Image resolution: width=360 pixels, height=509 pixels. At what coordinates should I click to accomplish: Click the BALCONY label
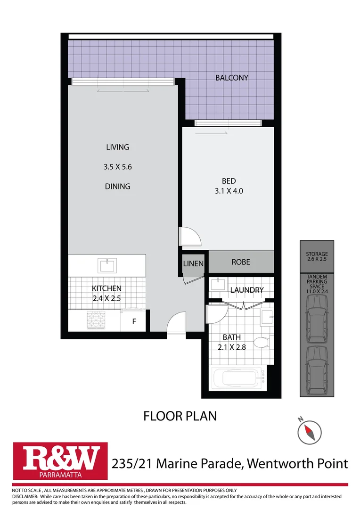(x=231, y=78)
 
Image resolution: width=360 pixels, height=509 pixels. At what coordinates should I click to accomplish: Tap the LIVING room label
(x=117, y=147)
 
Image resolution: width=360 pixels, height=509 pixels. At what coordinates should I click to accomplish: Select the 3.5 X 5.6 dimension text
(x=117, y=166)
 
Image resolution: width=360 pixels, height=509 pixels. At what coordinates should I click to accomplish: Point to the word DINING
(x=117, y=186)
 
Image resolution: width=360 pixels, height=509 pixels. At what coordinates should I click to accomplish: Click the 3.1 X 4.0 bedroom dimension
(x=229, y=191)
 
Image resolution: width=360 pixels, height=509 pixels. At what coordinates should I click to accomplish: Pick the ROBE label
(x=241, y=262)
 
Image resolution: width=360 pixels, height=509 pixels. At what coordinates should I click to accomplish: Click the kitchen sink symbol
(x=107, y=265)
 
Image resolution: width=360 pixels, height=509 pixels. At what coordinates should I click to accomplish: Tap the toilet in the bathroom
(x=261, y=342)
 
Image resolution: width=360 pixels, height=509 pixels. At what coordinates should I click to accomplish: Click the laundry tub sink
(x=218, y=284)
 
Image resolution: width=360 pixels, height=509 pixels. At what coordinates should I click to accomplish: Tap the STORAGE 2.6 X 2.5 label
(x=317, y=256)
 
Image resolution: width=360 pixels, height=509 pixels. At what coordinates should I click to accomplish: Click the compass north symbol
(x=310, y=430)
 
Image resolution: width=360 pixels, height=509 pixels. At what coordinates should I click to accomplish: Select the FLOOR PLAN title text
(x=180, y=416)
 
